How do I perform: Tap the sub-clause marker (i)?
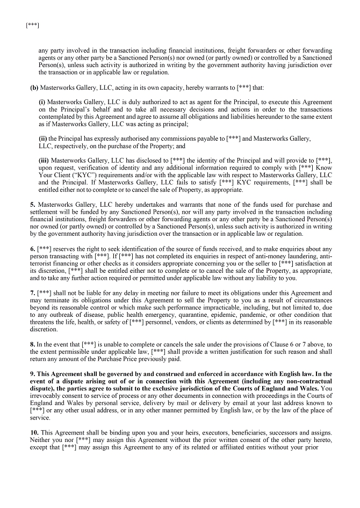(42, 101)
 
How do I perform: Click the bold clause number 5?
(32, 205)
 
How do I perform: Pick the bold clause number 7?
(32, 293)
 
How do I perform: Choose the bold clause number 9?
(32, 373)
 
